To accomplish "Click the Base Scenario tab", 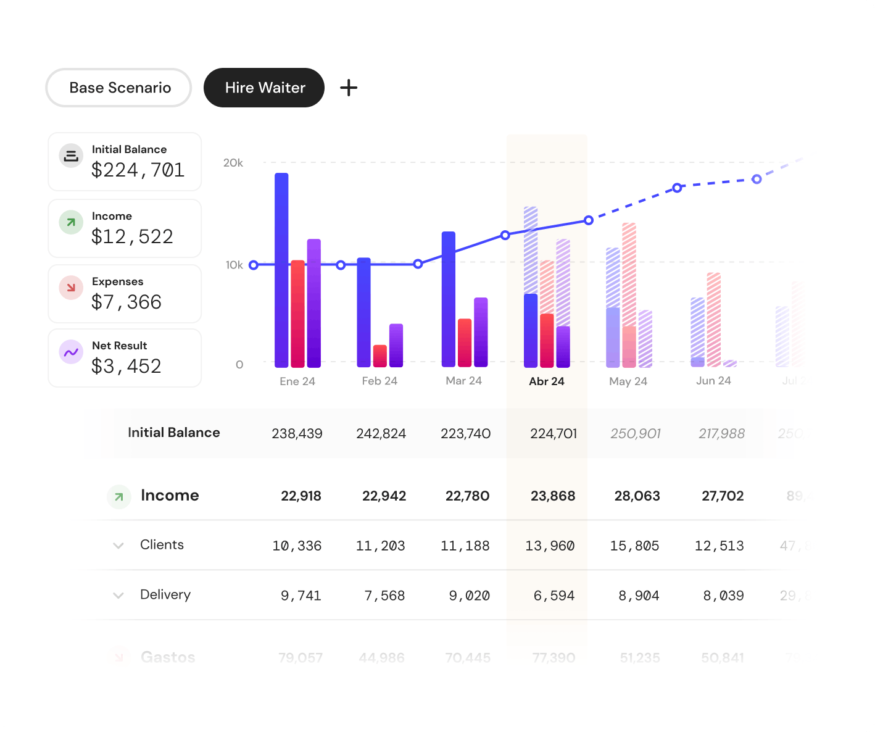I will [119, 88].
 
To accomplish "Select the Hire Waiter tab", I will [264, 88].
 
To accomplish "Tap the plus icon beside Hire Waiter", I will [349, 88].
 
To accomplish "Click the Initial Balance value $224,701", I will [138, 170].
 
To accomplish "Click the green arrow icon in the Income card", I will [71, 222].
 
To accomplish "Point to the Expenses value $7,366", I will [126, 302].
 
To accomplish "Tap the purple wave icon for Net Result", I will [71, 352].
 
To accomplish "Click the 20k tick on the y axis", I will [233, 163].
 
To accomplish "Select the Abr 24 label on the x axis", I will [546, 381].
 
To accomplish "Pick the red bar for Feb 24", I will [380, 356].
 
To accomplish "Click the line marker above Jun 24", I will [757, 179].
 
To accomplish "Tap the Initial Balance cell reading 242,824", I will [381, 434].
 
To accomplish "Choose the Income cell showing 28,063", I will [637, 496].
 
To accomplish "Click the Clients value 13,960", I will [549, 546].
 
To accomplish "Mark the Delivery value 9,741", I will [301, 596].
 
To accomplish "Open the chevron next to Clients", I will [118, 546].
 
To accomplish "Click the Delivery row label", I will [165, 595].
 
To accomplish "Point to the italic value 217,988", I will [721, 434].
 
